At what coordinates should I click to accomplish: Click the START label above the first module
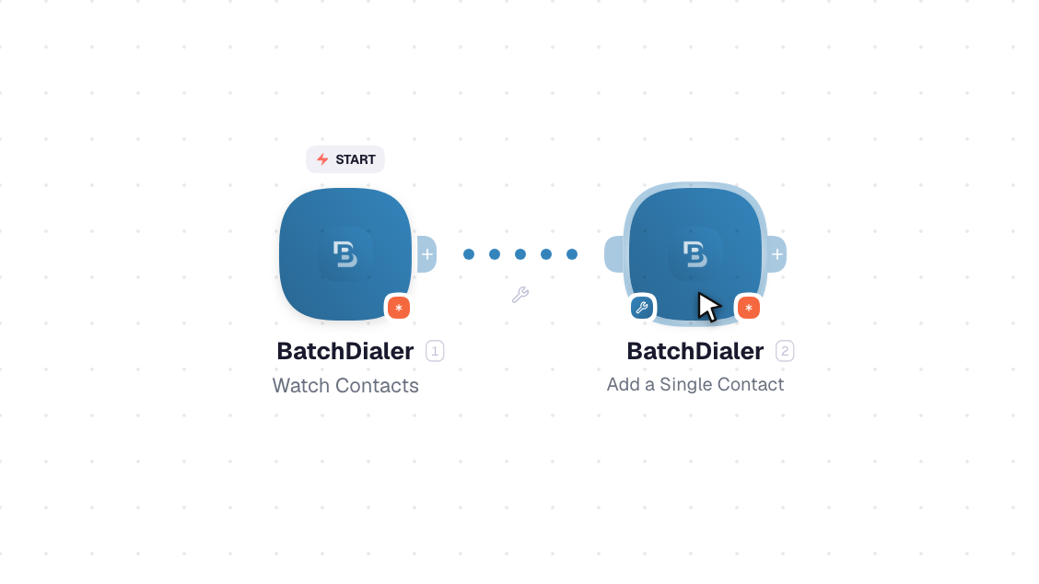[x=345, y=159]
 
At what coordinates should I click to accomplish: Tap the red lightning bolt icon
[x=322, y=159]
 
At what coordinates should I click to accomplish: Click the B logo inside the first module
[x=345, y=254]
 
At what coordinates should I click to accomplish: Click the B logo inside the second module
[x=695, y=254]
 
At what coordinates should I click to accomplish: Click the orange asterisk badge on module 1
[x=398, y=308]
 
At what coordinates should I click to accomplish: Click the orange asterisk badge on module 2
[x=748, y=308]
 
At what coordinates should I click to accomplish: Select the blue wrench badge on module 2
[x=641, y=308]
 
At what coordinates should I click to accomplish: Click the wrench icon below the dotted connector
[x=520, y=295]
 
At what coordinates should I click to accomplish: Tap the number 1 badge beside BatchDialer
[x=435, y=351]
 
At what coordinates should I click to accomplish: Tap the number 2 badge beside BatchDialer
[x=785, y=351]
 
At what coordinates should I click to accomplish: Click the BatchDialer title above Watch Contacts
[x=345, y=351]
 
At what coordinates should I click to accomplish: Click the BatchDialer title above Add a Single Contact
[x=695, y=351]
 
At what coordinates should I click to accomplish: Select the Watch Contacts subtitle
[x=345, y=385]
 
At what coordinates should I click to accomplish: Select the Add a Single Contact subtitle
[x=695, y=384]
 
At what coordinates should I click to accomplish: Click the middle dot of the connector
[x=520, y=254]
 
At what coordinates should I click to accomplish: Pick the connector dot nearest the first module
[x=469, y=254]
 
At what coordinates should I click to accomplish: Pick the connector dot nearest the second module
[x=572, y=254]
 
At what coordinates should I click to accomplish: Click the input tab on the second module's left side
[x=614, y=254]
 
